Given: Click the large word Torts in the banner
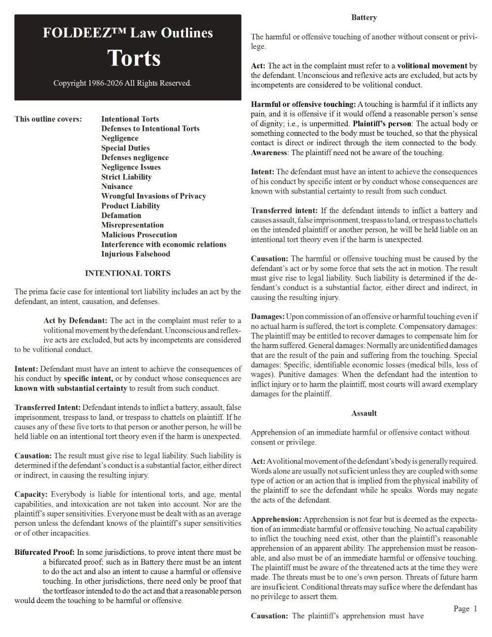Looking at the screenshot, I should point(134,58).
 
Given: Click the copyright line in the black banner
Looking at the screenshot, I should point(122,83).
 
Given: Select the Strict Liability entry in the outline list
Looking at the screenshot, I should point(126,177).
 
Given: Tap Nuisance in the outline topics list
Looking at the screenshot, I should point(117,187).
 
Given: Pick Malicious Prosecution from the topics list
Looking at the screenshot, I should point(139,235).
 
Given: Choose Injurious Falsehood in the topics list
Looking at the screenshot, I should point(135,254).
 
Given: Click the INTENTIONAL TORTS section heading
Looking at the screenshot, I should point(128,273).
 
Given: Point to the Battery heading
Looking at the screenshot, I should point(364,18).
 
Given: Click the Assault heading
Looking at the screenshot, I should point(364,414).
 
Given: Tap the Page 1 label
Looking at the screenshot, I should point(465,609).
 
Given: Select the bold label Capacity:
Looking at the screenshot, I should point(31,494).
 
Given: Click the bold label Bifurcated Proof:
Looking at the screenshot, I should point(44,552).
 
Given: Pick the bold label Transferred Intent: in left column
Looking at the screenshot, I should point(48,408).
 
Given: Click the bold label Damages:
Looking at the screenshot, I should point(268,316).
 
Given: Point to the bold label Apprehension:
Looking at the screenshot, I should point(276,519).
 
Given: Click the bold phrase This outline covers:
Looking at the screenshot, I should point(48,119).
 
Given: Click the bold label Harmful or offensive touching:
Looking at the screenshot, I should point(303,104).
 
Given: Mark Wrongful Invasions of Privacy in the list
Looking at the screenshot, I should point(154,196).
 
